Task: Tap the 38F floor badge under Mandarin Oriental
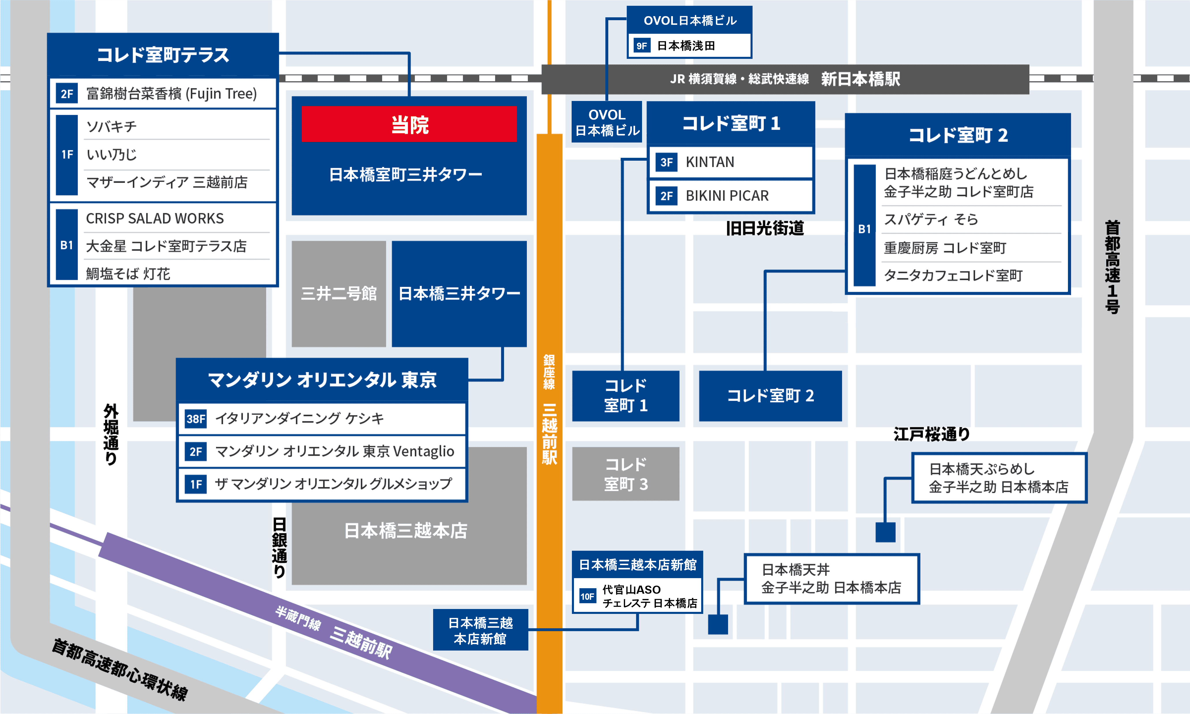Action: [195, 419]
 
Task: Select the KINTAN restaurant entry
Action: [710, 162]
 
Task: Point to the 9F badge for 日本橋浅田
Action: [641, 46]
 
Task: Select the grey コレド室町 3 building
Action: [626, 474]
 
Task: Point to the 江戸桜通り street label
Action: [931, 434]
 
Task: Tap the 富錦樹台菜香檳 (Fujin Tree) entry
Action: [171, 93]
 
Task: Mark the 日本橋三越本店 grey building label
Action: [406, 531]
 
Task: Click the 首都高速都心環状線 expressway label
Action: [119, 669]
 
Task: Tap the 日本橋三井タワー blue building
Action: [459, 293]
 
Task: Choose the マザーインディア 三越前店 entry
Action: [166, 182]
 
